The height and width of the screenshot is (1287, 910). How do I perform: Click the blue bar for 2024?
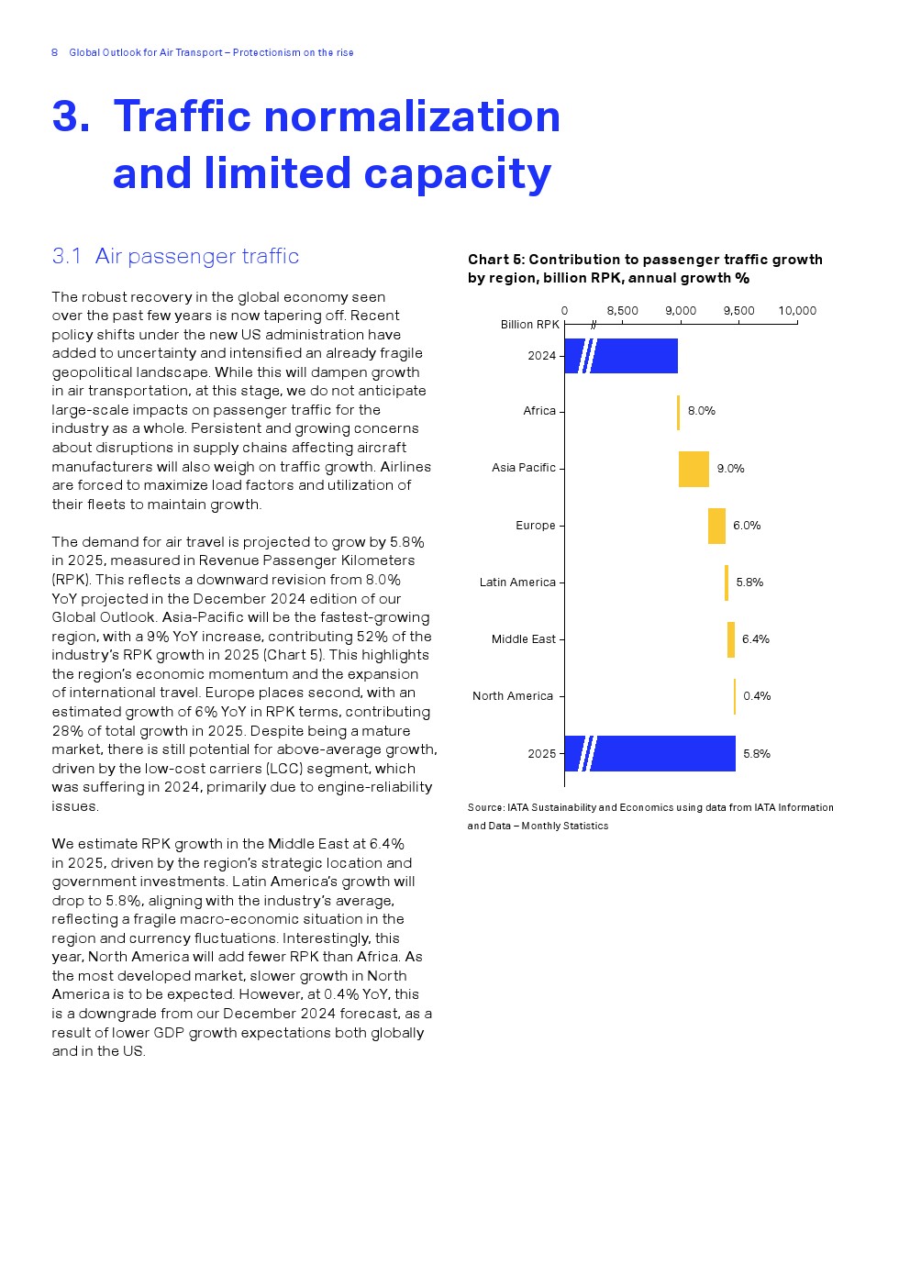click(x=633, y=356)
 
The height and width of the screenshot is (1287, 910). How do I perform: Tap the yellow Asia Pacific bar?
click(x=694, y=469)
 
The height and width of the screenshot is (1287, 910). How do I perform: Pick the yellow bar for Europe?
click(x=716, y=526)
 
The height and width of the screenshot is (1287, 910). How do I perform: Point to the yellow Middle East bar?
click(x=731, y=639)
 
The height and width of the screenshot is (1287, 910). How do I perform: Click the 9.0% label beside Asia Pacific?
click(x=730, y=469)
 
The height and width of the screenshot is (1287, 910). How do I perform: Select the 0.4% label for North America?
click(x=757, y=696)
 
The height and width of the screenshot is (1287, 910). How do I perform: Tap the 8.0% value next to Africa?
click(x=702, y=411)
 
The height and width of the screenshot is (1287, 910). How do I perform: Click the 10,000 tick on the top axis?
click(x=797, y=311)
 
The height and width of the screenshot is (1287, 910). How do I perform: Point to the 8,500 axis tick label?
click(x=623, y=311)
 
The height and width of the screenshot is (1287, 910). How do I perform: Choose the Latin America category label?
click(x=517, y=582)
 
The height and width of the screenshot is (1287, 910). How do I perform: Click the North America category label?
click(x=513, y=696)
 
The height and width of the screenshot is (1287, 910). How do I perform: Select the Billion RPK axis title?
click(x=529, y=325)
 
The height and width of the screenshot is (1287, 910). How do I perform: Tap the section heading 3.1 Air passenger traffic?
click(x=175, y=256)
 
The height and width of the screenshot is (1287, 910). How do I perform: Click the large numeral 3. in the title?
click(x=71, y=116)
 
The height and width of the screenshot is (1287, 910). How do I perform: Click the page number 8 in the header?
click(x=54, y=52)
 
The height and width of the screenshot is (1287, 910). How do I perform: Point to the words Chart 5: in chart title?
click(x=496, y=260)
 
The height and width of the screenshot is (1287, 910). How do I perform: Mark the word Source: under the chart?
click(x=485, y=808)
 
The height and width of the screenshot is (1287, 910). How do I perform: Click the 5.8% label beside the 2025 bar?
click(x=757, y=754)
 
